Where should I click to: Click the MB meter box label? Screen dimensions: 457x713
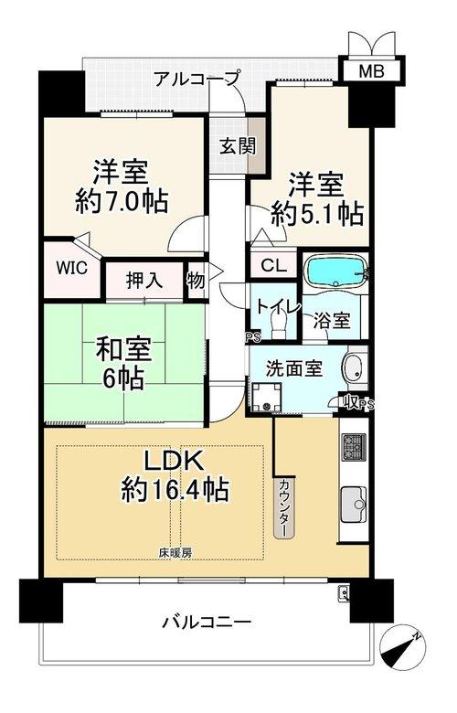pyautogui.click(x=371, y=71)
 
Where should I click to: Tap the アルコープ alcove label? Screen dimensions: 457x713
pyautogui.click(x=196, y=80)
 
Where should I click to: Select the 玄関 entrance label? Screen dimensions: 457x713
pyautogui.click(x=238, y=145)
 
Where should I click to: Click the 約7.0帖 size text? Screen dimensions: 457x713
pyautogui.click(x=121, y=200)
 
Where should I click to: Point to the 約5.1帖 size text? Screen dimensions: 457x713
pyautogui.click(x=317, y=213)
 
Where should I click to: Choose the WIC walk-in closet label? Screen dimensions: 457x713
pyautogui.click(x=72, y=268)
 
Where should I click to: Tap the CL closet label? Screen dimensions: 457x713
pyautogui.click(x=273, y=265)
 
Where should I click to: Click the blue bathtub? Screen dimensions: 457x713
pyautogui.click(x=336, y=271)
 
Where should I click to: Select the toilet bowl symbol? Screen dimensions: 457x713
pyautogui.click(x=278, y=326)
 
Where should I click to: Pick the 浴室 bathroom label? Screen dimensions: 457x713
pyautogui.click(x=332, y=321)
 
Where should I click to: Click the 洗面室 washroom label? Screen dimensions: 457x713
pyautogui.click(x=293, y=368)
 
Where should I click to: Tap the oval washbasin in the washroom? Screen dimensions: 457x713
pyautogui.click(x=353, y=368)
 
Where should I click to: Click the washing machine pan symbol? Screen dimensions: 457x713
pyautogui.click(x=267, y=397)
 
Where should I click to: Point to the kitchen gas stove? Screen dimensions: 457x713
pyautogui.click(x=354, y=446)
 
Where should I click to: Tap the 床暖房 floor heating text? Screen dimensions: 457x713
pyautogui.click(x=175, y=553)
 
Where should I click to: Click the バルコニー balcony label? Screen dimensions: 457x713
pyautogui.click(x=206, y=622)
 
